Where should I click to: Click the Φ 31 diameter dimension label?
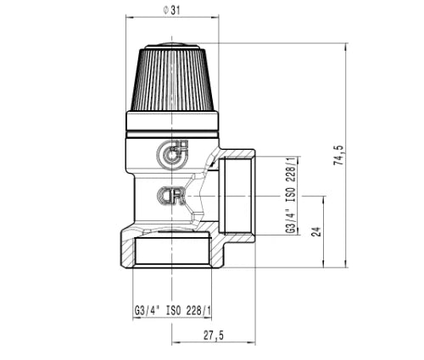pyautogui.click(x=171, y=11)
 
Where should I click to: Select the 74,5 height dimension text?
pyautogui.click(x=338, y=155)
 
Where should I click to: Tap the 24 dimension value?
pyautogui.click(x=317, y=231)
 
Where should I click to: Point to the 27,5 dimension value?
pyautogui.click(x=214, y=335)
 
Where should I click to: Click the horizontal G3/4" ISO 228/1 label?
pyautogui.click(x=172, y=311)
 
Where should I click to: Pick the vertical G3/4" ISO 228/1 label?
pyautogui.click(x=292, y=194)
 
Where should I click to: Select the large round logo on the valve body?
pyautogui.click(x=172, y=154)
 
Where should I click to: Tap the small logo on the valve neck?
pyautogui.click(x=171, y=196)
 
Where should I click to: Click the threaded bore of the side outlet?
pyautogui.click(x=236, y=196)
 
